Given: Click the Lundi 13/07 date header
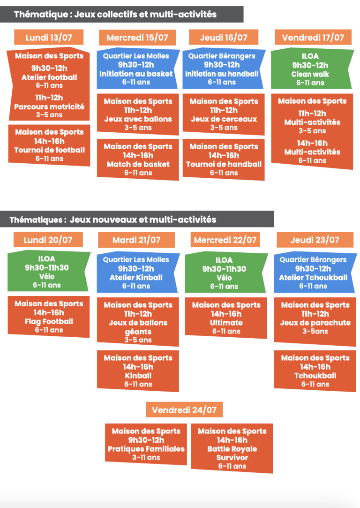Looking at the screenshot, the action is (49, 37).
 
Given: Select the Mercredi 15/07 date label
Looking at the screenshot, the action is (137, 38).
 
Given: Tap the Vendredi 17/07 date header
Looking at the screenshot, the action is (313, 37).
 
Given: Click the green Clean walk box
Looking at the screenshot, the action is (311, 69).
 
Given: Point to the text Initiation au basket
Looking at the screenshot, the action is (136, 74).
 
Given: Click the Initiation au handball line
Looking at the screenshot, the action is (222, 74).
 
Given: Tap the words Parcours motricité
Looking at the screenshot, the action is (49, 106).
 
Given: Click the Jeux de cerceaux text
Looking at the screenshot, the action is (224, 119).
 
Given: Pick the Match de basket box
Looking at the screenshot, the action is (138, 159).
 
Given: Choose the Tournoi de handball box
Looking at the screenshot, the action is (224, 159).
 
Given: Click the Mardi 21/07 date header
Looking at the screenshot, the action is (136, 240).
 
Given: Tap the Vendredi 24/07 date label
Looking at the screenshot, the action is (184, 410).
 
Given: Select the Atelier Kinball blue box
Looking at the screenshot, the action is (137, 272).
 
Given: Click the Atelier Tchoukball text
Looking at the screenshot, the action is (313, 277).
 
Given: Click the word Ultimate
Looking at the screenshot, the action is (226, 323).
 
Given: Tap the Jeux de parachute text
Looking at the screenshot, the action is (315, 323).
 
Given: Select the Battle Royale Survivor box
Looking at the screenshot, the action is (232, 448).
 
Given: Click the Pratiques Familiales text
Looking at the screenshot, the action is (146, 449).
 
